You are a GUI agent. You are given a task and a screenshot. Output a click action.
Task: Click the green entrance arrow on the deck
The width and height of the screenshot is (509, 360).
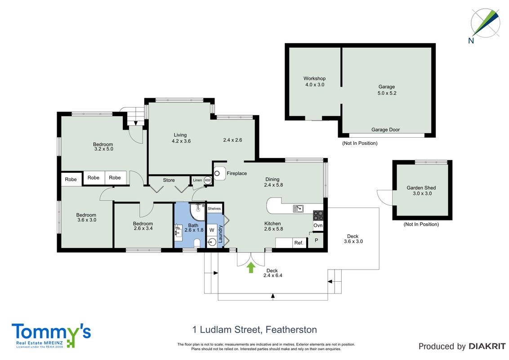click(250, 268)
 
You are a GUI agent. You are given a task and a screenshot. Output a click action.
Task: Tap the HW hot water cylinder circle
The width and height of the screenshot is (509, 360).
click(207, 180)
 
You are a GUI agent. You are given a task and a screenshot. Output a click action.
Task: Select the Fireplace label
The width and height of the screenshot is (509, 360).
click(237, 174)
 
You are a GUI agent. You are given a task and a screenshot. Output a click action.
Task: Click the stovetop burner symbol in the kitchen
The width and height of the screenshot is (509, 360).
click(318, 216)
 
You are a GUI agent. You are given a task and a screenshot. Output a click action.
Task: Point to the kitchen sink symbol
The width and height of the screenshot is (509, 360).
click(298, 209)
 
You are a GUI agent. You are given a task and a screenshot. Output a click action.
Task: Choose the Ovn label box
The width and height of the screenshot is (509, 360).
click(318, 225)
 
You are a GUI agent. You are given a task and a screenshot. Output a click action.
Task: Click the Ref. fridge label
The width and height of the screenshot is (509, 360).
click(299, 243)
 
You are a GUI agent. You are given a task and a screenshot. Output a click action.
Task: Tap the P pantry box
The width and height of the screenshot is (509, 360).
click(316, 241)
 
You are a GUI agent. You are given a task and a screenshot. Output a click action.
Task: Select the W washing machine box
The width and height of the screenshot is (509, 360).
click(212, 230)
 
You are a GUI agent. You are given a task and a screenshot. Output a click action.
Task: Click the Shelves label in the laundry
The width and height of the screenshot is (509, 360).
click(214, 209)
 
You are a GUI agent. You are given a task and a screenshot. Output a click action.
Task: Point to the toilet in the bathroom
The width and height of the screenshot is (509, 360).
click(196, 243)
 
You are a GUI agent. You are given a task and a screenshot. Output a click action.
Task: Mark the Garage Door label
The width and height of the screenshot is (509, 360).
click(386, 130)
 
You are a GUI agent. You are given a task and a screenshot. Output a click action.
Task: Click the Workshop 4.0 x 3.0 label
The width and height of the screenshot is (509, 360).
click(315, 81)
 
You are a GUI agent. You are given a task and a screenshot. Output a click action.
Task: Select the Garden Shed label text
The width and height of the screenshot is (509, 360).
click(421, 188)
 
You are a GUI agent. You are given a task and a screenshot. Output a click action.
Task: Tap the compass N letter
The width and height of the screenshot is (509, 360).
click(471, 40)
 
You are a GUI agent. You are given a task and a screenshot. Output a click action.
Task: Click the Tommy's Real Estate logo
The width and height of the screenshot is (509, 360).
click(51, 335)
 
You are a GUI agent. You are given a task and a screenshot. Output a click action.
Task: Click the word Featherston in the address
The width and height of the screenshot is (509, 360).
click(291, 330)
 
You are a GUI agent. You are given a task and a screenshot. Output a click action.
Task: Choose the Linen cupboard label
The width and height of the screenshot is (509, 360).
click(197, 180)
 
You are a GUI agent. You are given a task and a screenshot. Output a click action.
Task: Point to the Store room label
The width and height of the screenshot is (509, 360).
click(169, 180)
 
